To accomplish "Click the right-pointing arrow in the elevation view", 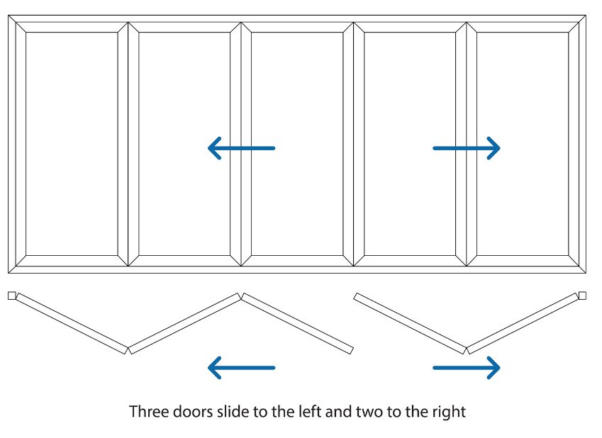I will click(467, 147).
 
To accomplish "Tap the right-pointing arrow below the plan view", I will click(467, 367).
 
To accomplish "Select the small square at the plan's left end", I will click(11, 295).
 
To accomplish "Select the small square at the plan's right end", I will click(583, 295).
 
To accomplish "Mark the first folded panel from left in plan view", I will click(72, 322).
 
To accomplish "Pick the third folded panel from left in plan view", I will click(297, 323).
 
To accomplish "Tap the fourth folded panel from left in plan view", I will click(410, 323).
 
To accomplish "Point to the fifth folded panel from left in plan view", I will click(523, 322).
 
